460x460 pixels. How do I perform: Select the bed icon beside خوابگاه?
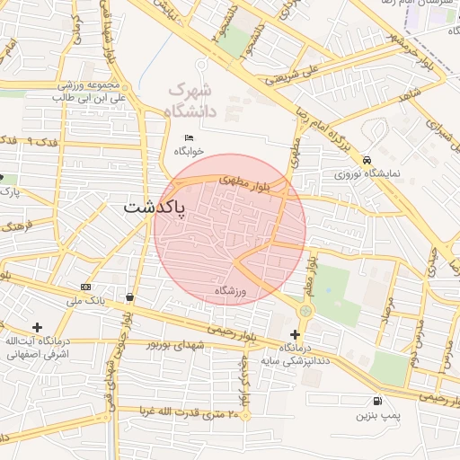coord(188,137)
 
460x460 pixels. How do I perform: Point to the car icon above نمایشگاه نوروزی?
coord(367,160)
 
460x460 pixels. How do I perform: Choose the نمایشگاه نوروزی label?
coord(367,173)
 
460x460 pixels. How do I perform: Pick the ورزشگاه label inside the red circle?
coord(231,290)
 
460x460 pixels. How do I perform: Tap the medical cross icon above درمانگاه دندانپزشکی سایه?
coord(295,334)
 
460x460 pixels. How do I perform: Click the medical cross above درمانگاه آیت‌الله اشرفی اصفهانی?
coord(37,327)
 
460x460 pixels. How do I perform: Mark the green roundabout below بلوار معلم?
coord(305,310)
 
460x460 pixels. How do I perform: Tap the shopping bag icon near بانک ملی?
coord(131,296)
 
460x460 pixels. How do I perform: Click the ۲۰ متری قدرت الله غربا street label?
coord(189,413)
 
